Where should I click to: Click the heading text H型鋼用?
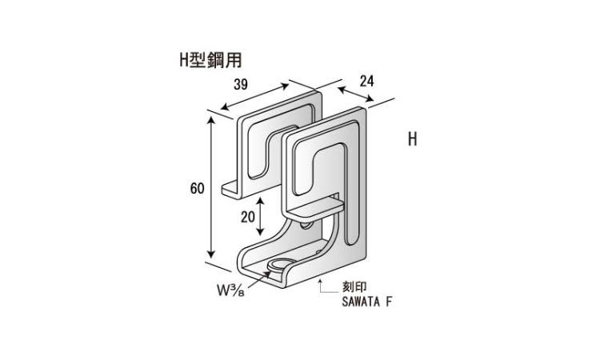(211, 60)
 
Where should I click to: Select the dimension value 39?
(240, 84)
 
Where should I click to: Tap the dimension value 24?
(366, 81)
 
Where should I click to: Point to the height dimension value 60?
(197, 188)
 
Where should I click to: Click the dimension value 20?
(247, 217)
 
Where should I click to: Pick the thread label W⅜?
(230, 290)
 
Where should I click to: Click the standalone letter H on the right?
(412, 139)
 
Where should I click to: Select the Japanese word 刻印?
(354, 287)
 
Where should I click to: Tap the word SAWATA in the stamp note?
(361, 302)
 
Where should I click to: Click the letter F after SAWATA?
(389, 302)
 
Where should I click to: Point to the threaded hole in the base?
(278, 264)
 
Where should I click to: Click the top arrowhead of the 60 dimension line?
(211, 120)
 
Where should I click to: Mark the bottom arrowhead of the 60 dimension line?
(211, 254)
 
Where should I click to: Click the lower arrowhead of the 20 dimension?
(260, 231)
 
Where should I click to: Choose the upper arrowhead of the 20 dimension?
(260, 202)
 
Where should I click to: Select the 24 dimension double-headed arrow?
(355, 94)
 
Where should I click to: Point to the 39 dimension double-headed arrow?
(255, 97)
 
